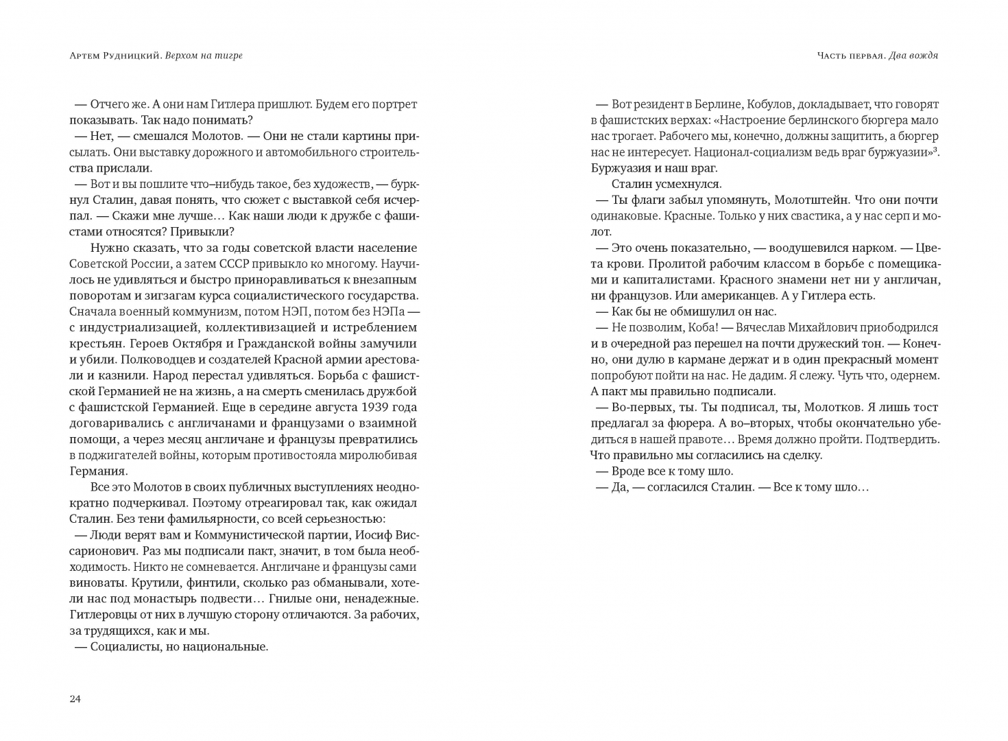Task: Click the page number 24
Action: [x=75, y=699]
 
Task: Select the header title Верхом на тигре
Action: [x=204, y=56]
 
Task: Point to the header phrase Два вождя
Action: [x=913, y=56]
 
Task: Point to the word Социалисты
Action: [x=125, y=646]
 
